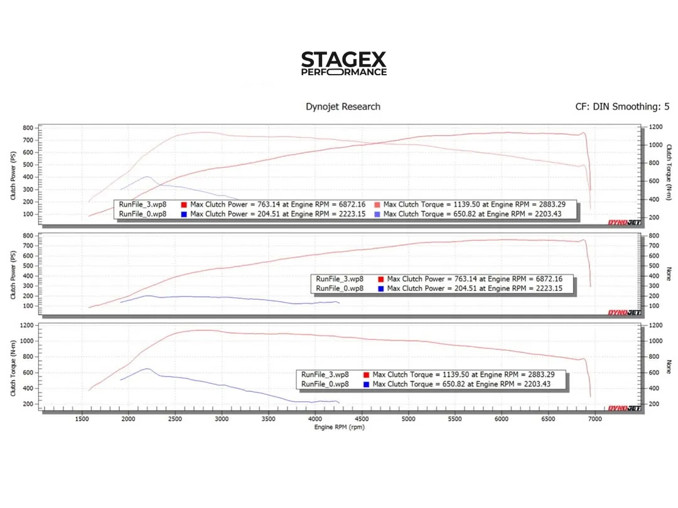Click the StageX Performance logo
click(343, 64)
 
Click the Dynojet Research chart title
click(343, 107)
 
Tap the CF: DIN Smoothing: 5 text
click(622, 107)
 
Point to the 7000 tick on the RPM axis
click(593, 418)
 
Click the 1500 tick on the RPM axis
click(82, 418)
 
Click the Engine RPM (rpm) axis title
click(339, 427)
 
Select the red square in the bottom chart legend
click(365, 374)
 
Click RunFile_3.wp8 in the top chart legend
click(143, 204)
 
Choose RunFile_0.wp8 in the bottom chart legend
click(325, 384)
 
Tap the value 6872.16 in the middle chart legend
click(546, 279)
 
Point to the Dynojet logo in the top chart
click(624, 223)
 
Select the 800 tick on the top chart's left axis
click(28, 128)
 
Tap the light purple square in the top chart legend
click(377, 214)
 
